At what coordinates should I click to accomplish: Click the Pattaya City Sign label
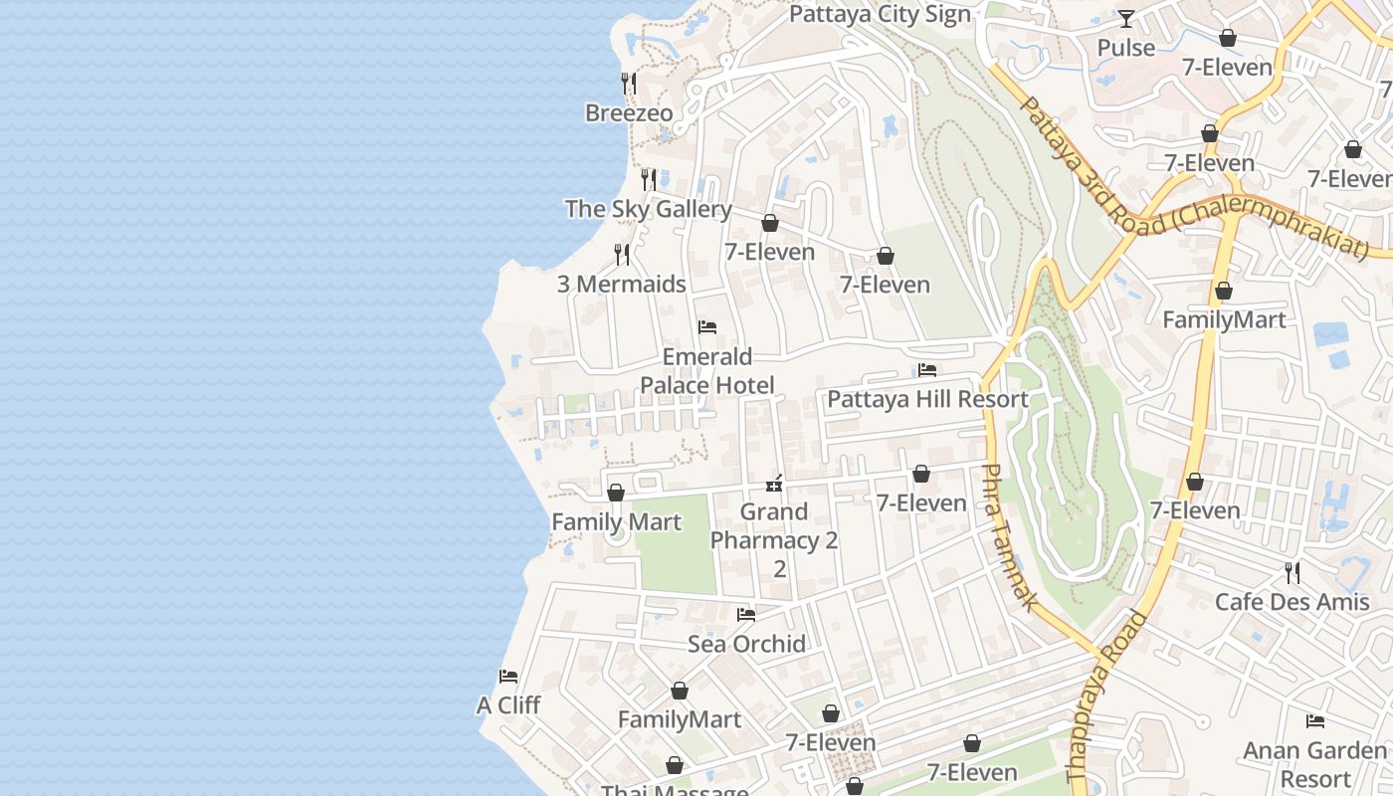coord(880,15)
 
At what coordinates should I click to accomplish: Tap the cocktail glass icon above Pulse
coord(1125,18)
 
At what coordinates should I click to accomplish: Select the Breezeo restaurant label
coord(629,113)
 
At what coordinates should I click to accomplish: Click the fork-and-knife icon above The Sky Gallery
coord(649,179)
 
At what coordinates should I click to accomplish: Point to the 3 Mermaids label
coord(621,285)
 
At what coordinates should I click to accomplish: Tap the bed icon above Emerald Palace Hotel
coord(707,327)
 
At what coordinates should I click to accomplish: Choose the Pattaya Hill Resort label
coord(927,400)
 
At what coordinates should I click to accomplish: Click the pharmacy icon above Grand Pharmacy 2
coord(774,484)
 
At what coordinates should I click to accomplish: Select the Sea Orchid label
coord(746,645)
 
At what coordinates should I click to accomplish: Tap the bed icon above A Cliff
coord(508,677)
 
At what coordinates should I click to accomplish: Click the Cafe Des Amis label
coord(1292,602)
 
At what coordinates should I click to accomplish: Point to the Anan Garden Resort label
coord(1314,763)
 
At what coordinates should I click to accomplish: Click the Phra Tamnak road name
coord(1010,537)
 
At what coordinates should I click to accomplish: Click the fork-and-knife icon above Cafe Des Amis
coord(1292,572)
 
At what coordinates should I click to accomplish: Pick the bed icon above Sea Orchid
coord(746,615)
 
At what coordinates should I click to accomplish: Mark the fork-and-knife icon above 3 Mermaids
coord(622,255)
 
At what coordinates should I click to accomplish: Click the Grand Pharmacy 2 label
coord(774,540)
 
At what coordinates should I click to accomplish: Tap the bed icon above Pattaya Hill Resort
coord(927,370)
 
